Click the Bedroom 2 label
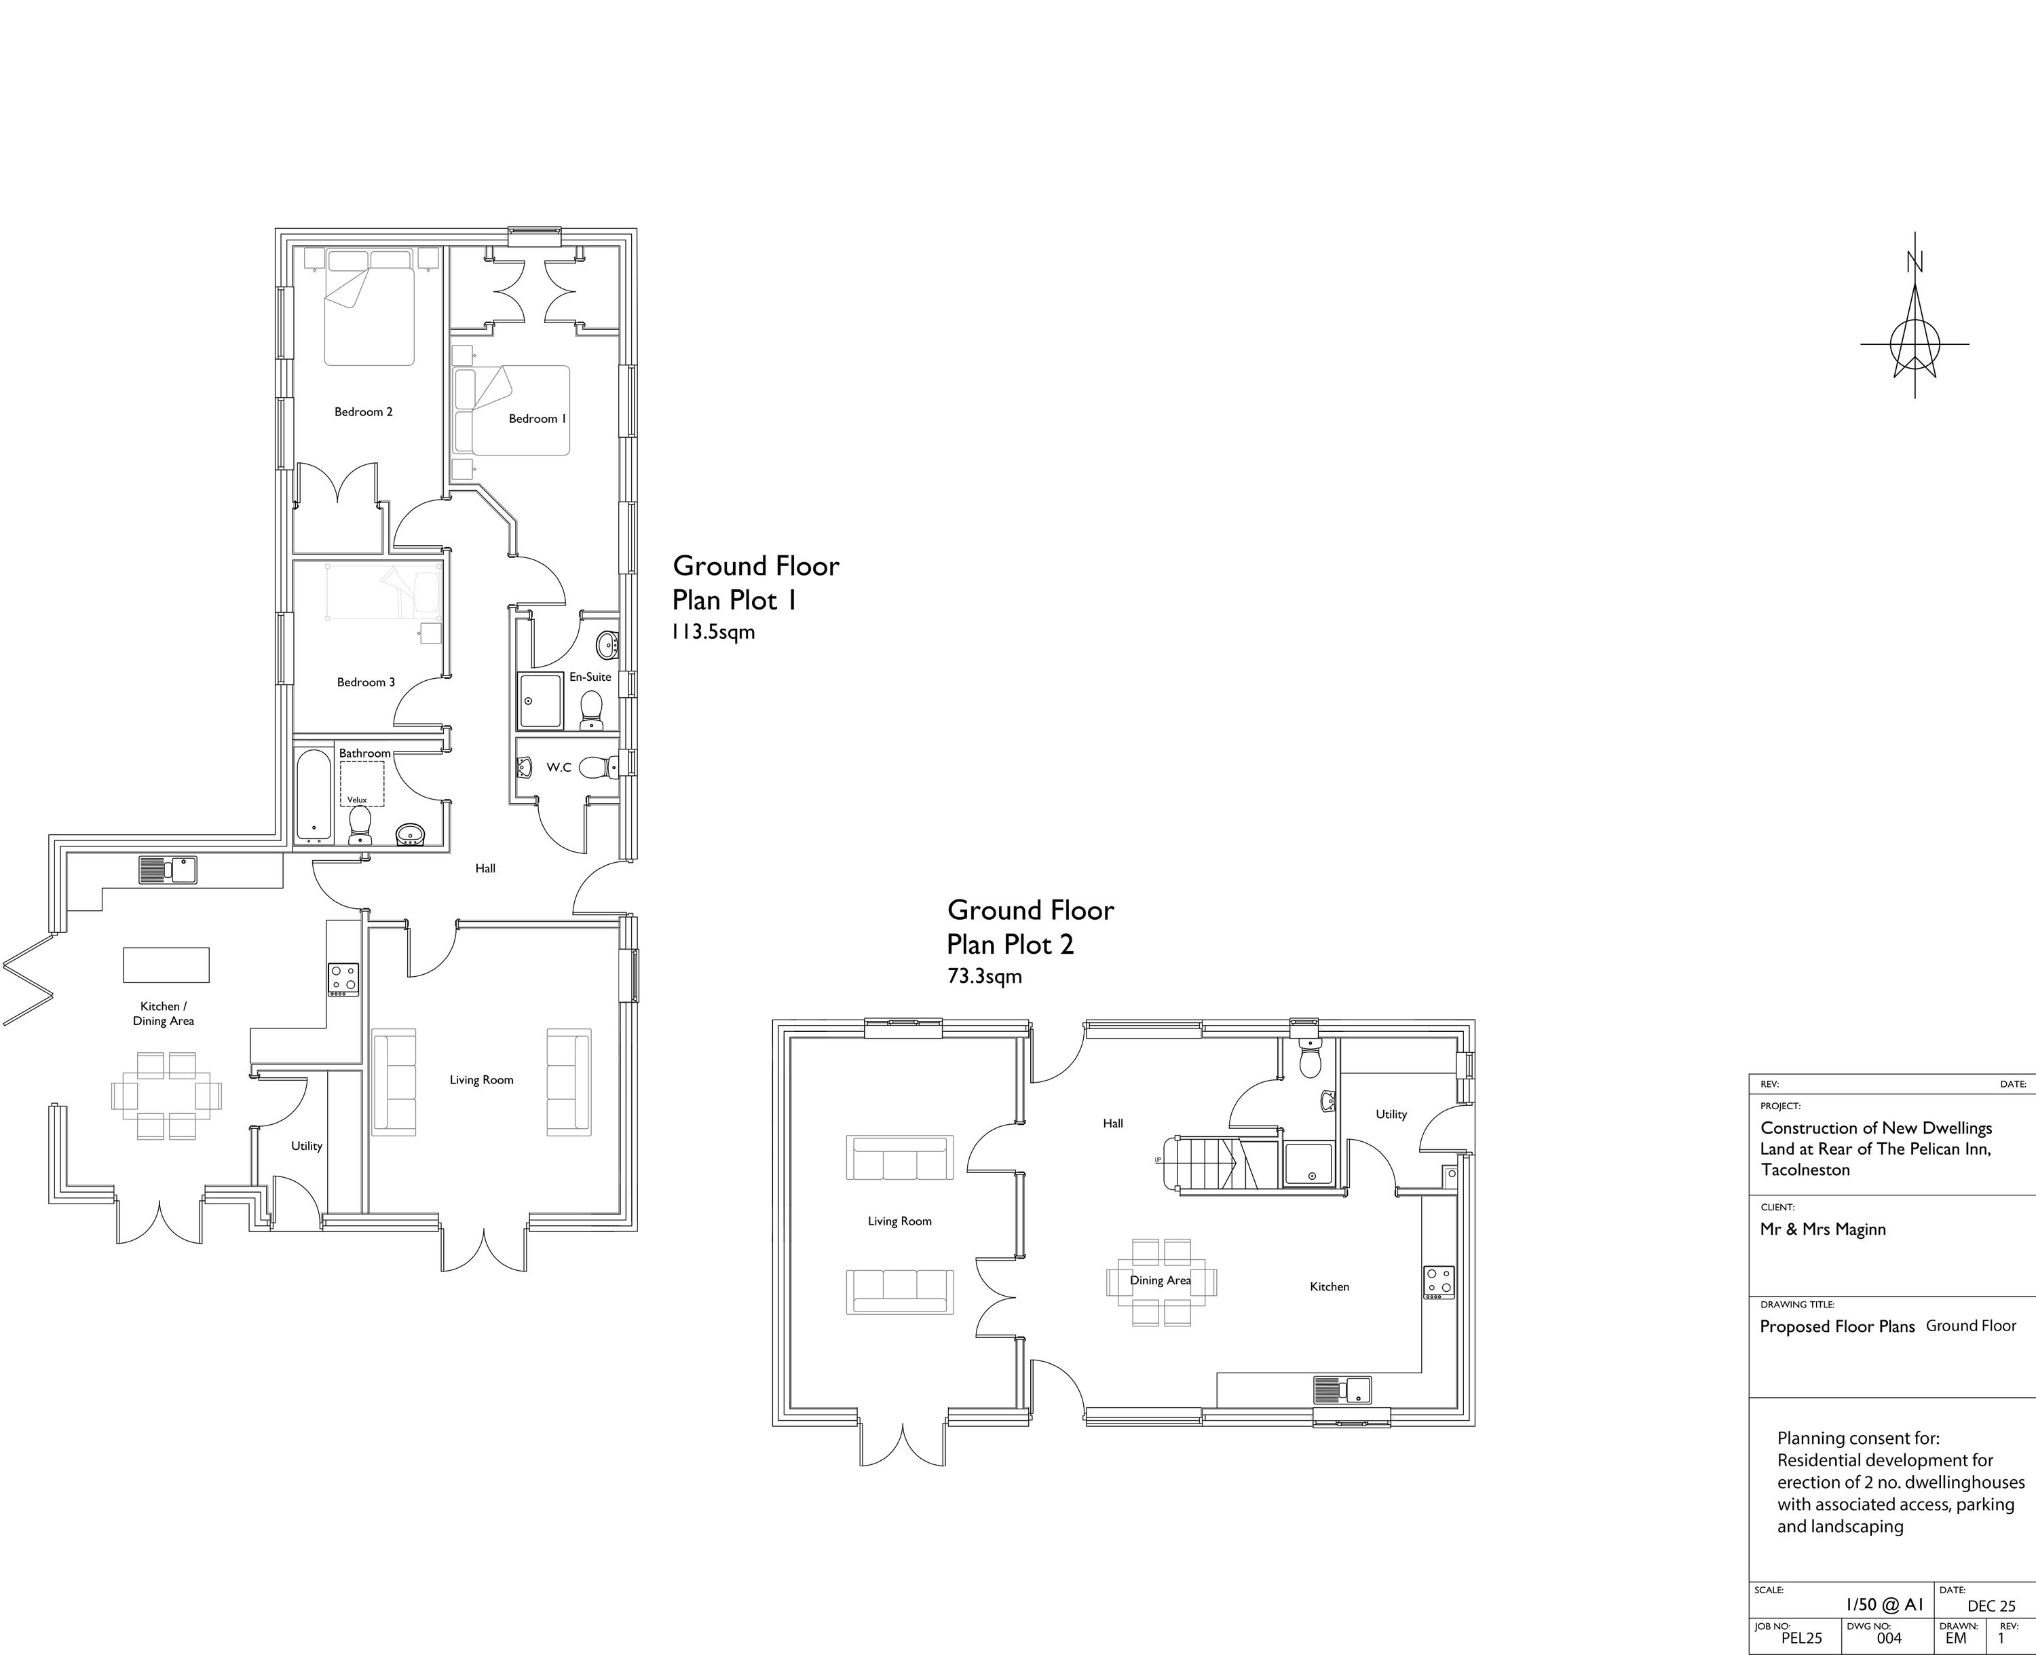tap(363, 412)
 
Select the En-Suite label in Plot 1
tap(590, 677)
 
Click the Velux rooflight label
tap(356, 800)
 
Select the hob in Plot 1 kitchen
tap(343, 979)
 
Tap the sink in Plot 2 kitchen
tap(1342, 1390)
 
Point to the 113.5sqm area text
tap(714, 631)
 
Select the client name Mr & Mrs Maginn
tap(1822, 1229)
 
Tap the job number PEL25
tap(1801, 1638)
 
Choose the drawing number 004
tap(1888, 1638)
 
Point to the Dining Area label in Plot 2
tap(1160, 1280)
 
